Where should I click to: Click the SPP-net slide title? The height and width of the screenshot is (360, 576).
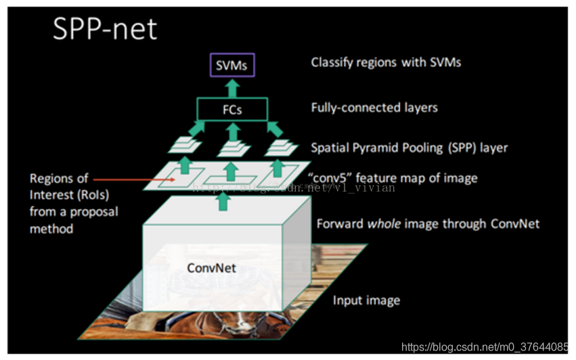click(104, 30)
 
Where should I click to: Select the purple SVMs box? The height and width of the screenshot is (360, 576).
click(231, 66)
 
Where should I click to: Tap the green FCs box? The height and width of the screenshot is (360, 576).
click(231, 110)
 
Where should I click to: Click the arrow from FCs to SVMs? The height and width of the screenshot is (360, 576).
click(231, 87)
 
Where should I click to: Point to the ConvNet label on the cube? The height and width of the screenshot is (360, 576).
click(211, 268)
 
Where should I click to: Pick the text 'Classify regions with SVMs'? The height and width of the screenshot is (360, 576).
click(386, 62)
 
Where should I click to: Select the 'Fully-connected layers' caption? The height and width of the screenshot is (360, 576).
click(374, 107)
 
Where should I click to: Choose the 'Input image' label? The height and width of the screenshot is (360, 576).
click(366, 300)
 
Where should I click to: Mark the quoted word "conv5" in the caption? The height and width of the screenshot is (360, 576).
click(330, 178)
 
